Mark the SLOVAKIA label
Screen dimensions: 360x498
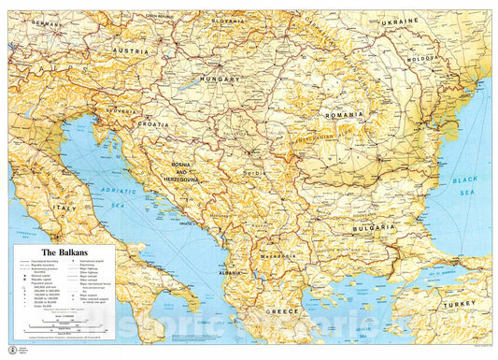point(225,19)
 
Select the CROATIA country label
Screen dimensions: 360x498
point(153,123)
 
